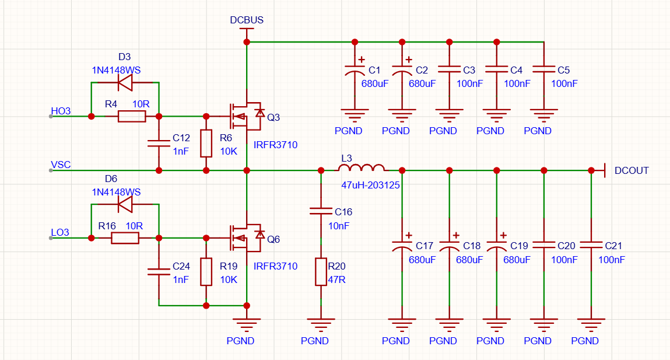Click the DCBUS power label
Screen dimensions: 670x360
click(x=247, y=20)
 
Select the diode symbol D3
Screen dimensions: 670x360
click(x=125, y=82)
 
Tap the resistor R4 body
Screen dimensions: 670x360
click(x=132, y=116)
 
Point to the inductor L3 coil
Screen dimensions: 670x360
click(x=362, y=167)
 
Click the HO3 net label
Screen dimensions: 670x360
click(x=61, y=111)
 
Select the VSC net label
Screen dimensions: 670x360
click(x=61, y=165)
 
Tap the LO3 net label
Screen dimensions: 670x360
click(x=60, y=233)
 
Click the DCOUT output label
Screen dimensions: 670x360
click(x=632, y=170)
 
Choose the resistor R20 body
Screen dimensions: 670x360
click(x=321, y=272)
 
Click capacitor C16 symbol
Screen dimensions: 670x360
click(x=321, y=211)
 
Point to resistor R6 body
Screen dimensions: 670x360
click(x=206, y=143)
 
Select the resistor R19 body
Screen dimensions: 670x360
click(x=206, y=271)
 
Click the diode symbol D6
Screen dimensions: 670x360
click(x=125, y=204)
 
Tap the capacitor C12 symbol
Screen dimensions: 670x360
click(x=159, y=143)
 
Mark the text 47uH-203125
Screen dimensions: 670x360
click(x=370, y=185)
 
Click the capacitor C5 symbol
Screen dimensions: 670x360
click(x=544, y=69)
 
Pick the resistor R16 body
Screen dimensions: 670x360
click(x=125, y=237)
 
